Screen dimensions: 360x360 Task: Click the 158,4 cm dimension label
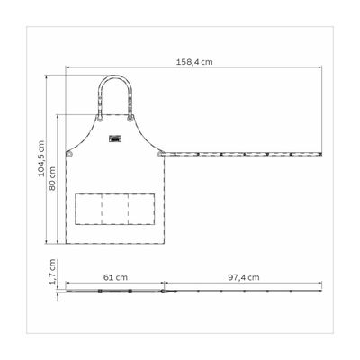194,62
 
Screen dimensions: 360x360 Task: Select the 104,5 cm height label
41,158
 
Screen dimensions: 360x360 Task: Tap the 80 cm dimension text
52,178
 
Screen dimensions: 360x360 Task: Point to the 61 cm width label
115,277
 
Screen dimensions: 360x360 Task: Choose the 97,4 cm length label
244,277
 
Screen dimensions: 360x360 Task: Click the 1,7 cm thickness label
53,272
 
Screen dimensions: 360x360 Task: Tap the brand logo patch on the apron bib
115,139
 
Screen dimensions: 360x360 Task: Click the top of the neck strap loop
115,76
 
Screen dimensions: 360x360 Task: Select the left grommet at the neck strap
100,119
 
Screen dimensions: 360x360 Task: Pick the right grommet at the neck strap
130,119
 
